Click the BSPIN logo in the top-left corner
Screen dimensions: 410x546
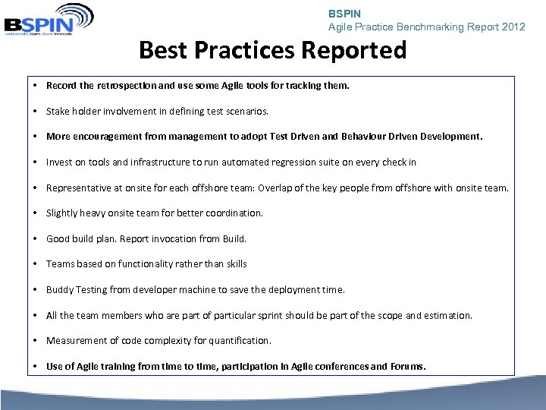coord(49,19)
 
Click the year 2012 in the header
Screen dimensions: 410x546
coord(513,27)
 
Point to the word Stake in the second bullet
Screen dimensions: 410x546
coord(58,111)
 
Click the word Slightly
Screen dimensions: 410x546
coord(63,213)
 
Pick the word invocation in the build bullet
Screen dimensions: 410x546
coord(171,238)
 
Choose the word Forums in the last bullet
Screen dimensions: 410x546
coord(407,366)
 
